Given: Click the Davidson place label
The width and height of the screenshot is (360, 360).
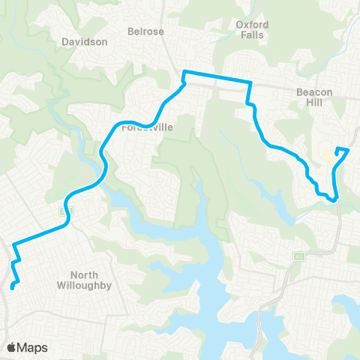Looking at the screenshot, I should coord(85,42).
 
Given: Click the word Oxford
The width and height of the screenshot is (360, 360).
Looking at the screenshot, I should coord(252,24).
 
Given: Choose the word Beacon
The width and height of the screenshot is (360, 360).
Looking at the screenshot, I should coord(313,91).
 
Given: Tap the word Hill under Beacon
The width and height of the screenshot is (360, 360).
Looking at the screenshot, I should coord(313,102).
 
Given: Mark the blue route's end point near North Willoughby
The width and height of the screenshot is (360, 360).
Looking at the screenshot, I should coord(12,287).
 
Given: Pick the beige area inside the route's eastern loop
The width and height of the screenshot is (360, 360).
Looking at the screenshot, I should coord(328,158).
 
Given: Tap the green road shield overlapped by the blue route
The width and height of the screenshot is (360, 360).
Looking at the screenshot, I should coord(64,212).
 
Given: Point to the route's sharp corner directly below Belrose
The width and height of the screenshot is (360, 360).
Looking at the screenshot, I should coord(184,72).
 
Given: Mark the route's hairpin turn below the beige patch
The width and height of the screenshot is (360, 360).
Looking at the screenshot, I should coord(335,199).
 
